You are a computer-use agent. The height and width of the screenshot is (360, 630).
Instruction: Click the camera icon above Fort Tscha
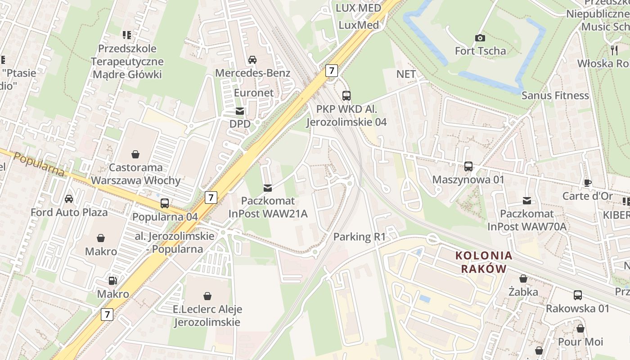(x=480, y=38)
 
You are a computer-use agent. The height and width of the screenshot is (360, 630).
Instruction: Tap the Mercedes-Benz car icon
(x=252, y=60)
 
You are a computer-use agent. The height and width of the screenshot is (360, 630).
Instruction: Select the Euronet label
(x=254, y=93)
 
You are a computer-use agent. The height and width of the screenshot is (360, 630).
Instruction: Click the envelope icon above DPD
(x=240, y=111)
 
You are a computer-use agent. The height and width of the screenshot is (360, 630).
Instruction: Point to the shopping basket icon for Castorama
(x=135, y=155)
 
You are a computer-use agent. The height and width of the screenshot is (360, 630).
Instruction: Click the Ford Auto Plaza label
(x=69, y=212)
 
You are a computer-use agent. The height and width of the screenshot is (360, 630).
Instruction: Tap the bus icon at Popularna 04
(x=165, y=203)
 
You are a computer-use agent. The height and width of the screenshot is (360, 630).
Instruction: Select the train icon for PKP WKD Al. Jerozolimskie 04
(x=346, y=96)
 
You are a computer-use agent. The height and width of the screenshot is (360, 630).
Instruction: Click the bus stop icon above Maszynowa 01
(x=468, y=166)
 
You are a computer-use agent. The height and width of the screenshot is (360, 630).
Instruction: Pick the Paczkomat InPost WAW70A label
(x=526, y=220)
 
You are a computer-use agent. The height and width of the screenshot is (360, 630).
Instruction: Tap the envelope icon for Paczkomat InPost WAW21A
(x=268, y=188)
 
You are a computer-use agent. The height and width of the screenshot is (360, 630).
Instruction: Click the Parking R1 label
(x=359, y=237)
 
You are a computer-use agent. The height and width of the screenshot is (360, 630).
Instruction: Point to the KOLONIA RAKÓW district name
(x=484, y=262)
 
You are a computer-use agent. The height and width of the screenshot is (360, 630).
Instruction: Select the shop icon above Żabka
(x=523, y=279)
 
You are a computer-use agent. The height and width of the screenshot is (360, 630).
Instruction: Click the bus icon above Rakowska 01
(x=578, y=296)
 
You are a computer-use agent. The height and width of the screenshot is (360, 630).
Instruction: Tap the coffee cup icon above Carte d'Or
(x=587, y=183)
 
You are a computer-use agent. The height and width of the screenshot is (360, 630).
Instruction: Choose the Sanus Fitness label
(x=555, y=95)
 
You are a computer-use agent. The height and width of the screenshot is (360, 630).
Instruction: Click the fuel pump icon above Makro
(x=113, y=281)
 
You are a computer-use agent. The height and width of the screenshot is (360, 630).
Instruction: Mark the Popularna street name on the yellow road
(x=39, y=164)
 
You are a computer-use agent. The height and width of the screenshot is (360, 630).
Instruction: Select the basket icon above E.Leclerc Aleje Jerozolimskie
(x=207, y=296)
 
